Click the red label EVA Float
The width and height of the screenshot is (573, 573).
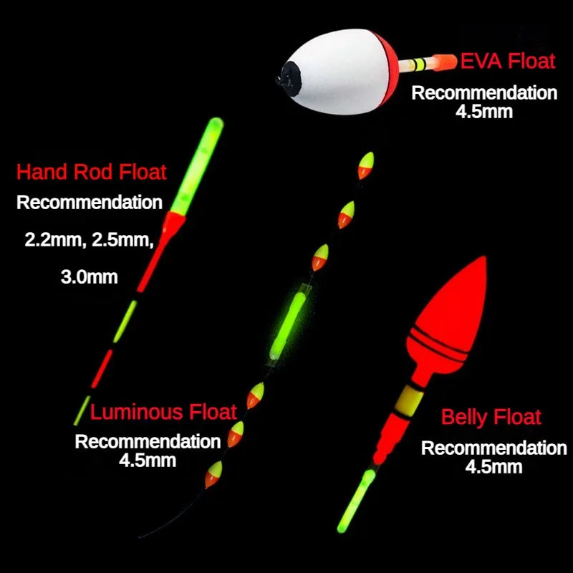click(508, 62)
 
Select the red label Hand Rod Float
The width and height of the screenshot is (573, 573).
click(92, 172)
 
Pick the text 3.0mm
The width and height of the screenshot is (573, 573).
click(90, 276)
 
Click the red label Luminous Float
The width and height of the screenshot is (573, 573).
click(163, 412)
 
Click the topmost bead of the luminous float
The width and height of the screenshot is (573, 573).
click(365, 165)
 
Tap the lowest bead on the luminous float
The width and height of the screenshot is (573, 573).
click(213, 475)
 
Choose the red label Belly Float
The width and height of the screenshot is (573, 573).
click(491, 417)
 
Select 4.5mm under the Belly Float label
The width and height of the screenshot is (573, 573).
click(493, 467)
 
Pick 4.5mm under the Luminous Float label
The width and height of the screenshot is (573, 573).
click(148, 460)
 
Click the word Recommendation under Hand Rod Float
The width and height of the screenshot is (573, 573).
click(90, 203)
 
